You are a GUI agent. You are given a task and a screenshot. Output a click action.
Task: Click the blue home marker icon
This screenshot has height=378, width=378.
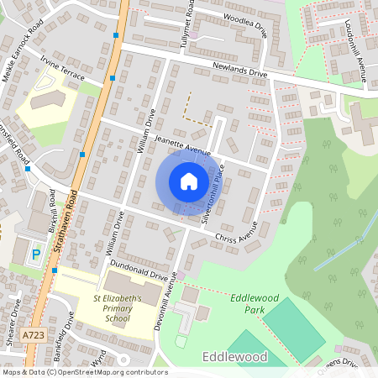(x=188, y=181)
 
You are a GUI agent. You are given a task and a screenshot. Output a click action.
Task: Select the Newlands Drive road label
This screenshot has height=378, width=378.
(x=239, y=74)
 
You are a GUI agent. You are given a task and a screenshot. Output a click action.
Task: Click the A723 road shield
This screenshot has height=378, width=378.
(x=34, y=335)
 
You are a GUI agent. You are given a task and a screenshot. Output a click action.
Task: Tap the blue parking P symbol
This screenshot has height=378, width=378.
(x=35, y=254)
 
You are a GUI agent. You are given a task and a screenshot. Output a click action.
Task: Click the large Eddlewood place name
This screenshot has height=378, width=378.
(x=235, y=357)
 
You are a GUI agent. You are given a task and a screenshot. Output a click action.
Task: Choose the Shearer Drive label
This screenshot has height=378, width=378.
(x=14, y=322)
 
